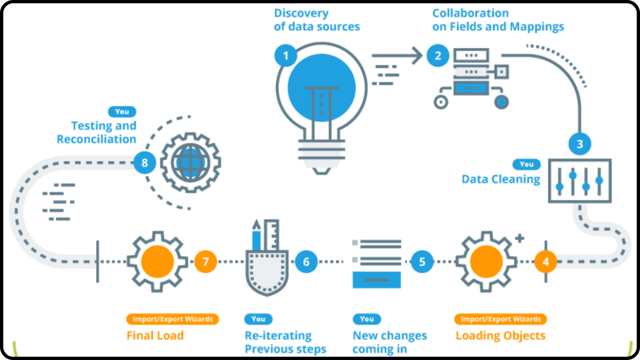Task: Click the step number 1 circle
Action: coord(286,55)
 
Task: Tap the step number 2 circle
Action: coord(438,55)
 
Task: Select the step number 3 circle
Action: coord(580,144)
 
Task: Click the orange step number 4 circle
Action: coord(545,262)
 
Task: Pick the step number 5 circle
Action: coord(422,262)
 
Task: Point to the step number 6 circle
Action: coord(306,262)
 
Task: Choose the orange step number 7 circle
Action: coord(206,262)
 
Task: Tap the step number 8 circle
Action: coord(145,162)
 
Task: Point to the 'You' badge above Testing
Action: coord(122,111)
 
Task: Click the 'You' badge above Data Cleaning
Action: coord(526,164)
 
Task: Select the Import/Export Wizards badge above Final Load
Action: coord(173,319)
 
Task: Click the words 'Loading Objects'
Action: coord(500,335)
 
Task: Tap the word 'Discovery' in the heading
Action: coord(301,13)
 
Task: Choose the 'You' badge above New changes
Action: coord(367,319)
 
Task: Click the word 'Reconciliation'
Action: coord(97,139)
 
